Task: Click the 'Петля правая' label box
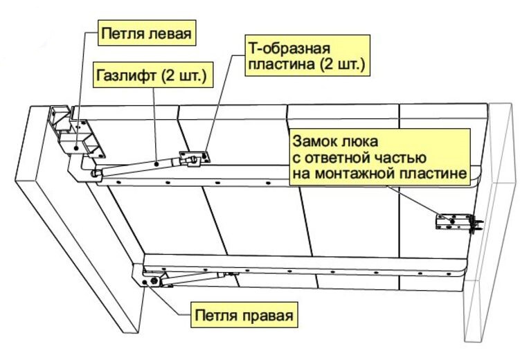243,316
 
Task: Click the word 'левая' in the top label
168,33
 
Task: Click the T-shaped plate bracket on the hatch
194,159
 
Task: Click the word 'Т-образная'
287,49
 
